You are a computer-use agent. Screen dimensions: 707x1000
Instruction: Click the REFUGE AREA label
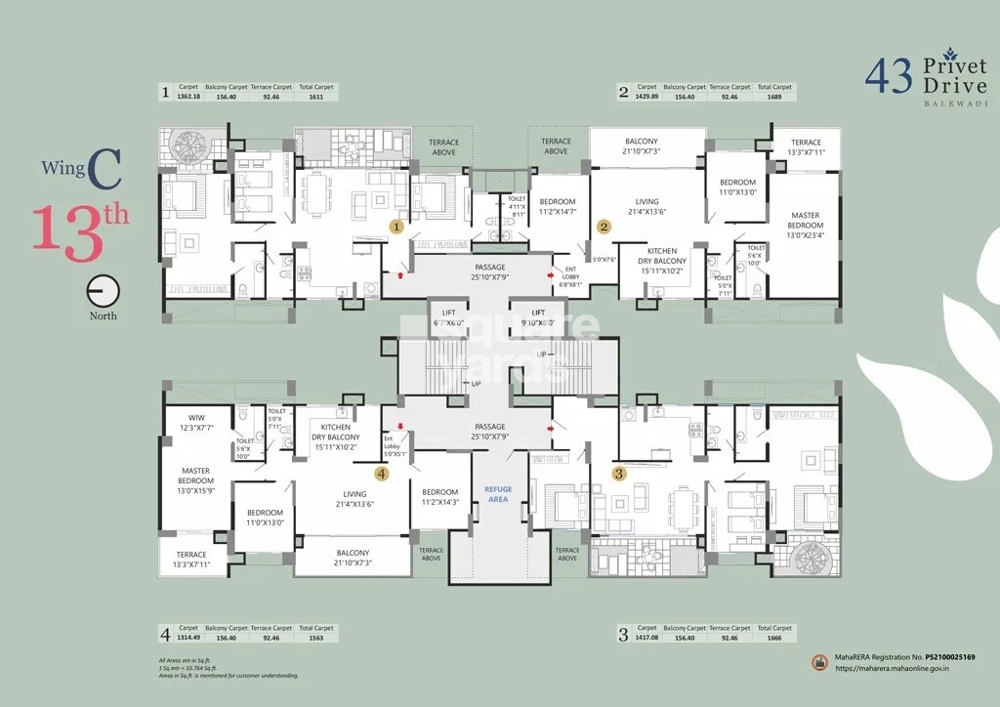(x=498, y=494)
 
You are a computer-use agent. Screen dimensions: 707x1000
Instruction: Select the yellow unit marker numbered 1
(x=396, y=227)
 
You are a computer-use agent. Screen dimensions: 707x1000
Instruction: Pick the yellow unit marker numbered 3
(x=618, y=474)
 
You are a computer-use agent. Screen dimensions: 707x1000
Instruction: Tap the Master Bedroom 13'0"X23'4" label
(x=806, y=225)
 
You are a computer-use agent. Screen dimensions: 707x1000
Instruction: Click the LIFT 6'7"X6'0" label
(x=449, y=317)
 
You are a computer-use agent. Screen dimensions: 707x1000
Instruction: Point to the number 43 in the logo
(x=888, y=76)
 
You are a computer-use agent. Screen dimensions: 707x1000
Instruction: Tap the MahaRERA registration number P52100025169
(x=946, y=658)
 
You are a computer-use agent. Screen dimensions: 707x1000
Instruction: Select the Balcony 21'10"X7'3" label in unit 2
(x=642, y=146)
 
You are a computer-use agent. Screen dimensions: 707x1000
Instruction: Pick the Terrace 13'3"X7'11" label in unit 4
(x=191, y=560)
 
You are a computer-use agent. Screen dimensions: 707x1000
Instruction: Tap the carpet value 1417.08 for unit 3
(x=646, y=638)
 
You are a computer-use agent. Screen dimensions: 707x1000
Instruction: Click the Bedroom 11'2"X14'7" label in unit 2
(x=558, y=207)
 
